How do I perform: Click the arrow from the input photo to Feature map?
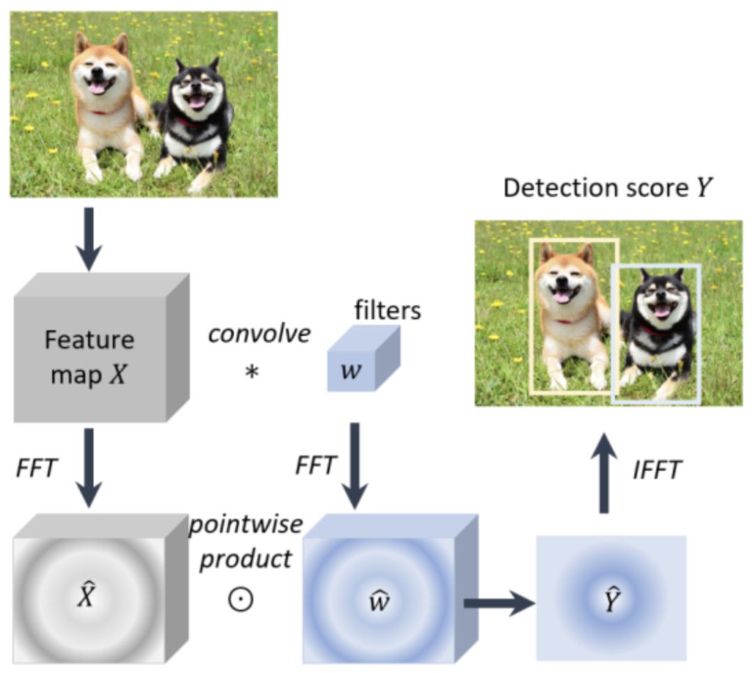89,237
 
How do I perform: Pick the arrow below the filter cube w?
355,464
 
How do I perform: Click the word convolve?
259,334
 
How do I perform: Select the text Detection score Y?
608,188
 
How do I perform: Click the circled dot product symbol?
241,598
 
